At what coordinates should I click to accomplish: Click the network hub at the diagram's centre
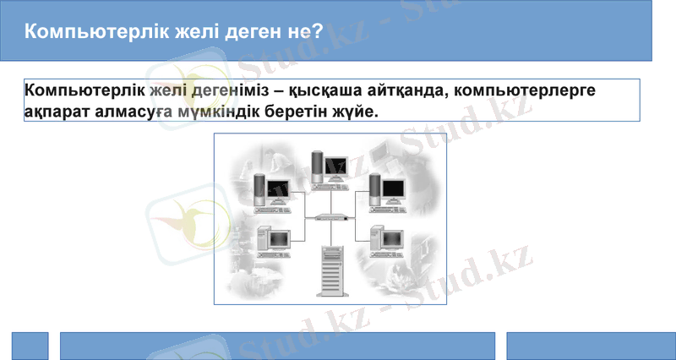[x=330, y=217]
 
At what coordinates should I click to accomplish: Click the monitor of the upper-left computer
[x=278, y=191]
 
